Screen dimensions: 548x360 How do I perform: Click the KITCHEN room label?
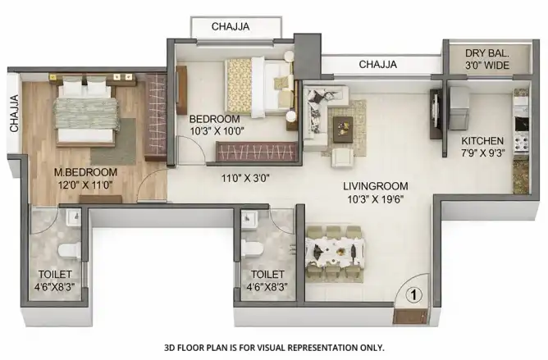482,141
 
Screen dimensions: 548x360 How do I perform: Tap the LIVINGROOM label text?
376,186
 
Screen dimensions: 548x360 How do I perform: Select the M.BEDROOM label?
85,172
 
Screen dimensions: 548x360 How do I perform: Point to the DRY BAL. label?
486,53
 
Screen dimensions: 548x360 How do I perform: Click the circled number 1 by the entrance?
413,295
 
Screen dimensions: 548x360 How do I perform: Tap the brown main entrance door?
410,317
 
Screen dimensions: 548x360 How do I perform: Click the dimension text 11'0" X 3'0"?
245,179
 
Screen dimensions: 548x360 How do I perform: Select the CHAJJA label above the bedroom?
231,26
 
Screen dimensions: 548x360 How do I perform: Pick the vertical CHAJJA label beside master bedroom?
14,114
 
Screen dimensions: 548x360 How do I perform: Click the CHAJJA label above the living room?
378,65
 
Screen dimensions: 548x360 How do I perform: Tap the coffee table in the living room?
343,130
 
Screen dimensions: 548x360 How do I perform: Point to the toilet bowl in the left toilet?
70,251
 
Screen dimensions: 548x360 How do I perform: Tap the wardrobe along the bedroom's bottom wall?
257,152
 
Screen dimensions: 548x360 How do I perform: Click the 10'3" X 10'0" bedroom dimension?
217,131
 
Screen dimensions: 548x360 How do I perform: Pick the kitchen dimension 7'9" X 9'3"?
483,153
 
